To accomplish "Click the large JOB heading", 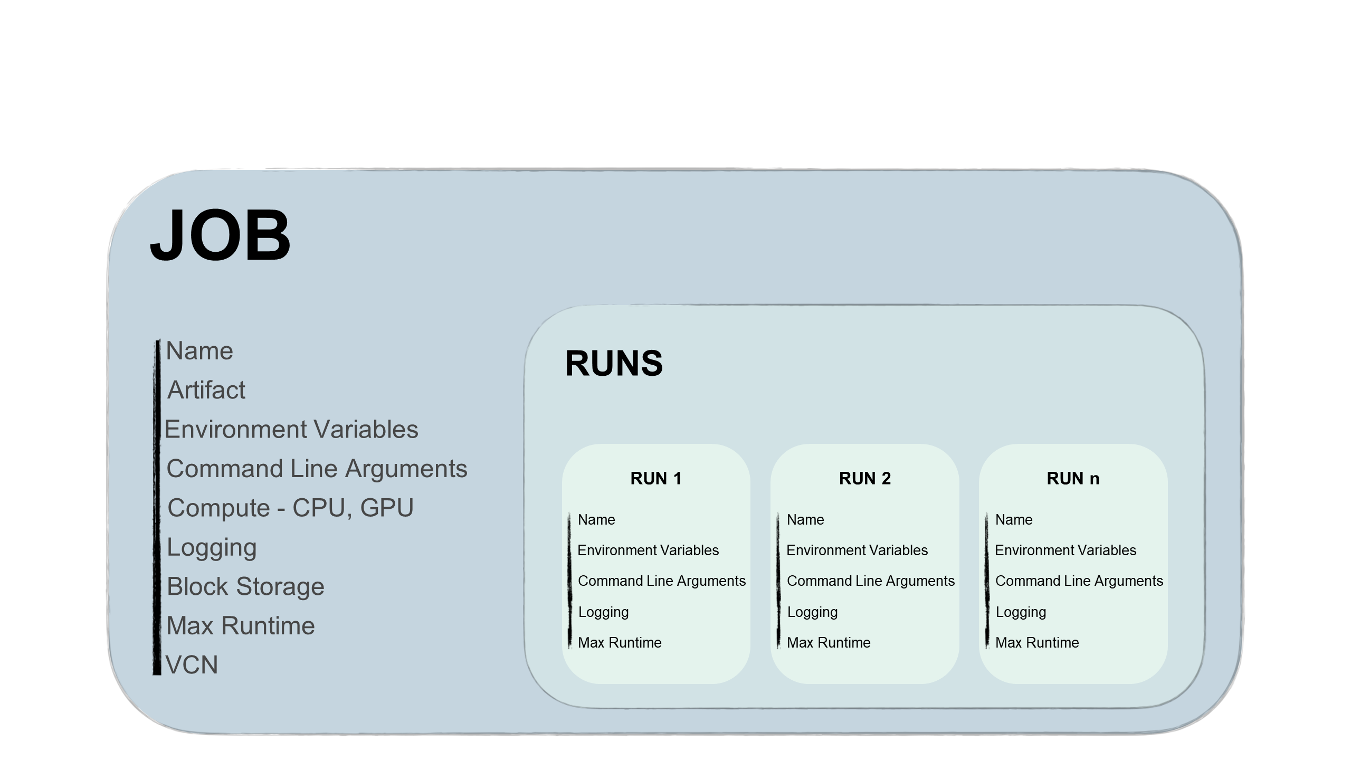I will coord(220,235).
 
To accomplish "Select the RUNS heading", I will coord(613,364).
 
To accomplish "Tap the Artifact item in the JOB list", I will coord(206,390).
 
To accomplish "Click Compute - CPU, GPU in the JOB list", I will coord(290,508).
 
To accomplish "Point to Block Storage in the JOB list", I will coord(245,586).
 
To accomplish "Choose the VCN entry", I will coord(192,664).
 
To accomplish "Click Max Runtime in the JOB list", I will coord(241,625).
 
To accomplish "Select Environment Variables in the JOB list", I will coord(291,429).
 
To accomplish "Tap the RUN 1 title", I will coord(656,478).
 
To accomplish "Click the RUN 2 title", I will coord(864,478).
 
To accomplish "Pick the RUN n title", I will coord(1073,478).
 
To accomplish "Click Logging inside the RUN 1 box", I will coord(603,612).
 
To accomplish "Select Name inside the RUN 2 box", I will coord(805,519).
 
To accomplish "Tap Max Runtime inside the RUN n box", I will coord(1037,642).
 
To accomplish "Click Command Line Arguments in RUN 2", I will coord(870,581).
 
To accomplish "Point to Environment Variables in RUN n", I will coord(1065,550).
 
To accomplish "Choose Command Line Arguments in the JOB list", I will coord(317,469).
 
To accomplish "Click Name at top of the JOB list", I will coord(199,351).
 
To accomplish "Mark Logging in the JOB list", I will coord(212,547).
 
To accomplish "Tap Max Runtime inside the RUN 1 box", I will coord(620,642).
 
